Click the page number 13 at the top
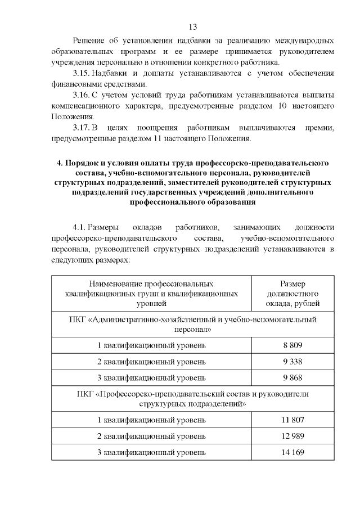click(x=192, y=27)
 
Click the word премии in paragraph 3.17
click(x=321, y=128)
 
